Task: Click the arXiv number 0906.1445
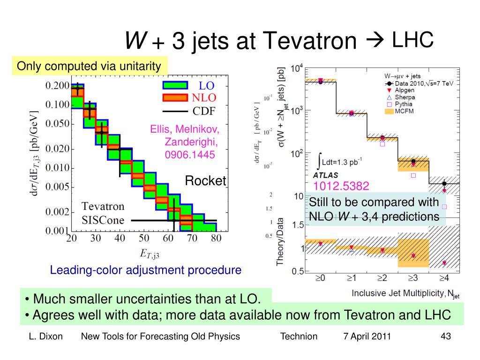click(x=189, y=153)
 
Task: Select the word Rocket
click(x=205, y=180)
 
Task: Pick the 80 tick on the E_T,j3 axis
click(x=216, y=239)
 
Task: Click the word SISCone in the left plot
click(x=104, y=220)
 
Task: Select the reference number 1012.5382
click(x=341, y=186)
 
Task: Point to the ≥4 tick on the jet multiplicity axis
click(x=444, y=277)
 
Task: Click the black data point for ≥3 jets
click(x=413, y=161)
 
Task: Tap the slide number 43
click(x=446, y=336)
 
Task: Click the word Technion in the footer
click(x=299, y=336)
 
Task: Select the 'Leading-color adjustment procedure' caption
click(x=146, y=270)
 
